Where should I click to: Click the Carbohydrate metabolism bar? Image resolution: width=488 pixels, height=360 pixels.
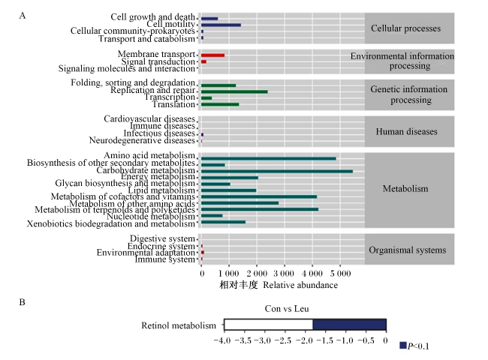tap(277, 171)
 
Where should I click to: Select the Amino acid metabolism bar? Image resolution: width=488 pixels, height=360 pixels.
tap(269, 158)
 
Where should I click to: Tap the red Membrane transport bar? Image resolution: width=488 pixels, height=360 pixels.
tap(213, 55)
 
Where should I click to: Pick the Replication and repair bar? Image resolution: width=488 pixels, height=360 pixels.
tap(234, 91)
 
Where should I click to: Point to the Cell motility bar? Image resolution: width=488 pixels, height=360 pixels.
tap(221, 25)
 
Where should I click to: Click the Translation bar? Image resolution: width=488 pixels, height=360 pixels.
tap(220, 104)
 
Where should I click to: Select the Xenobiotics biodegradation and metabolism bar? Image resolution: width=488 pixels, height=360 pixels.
tap(224, 222)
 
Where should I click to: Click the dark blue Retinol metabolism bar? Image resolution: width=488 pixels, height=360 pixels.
tap(350, 324)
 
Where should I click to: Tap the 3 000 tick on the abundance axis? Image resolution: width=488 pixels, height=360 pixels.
tap(284, 274)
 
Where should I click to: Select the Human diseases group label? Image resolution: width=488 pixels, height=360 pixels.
tap(406, 131)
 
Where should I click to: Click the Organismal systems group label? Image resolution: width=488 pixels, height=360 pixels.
tap(408, 250)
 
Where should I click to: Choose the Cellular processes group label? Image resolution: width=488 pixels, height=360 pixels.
tap(406, 28)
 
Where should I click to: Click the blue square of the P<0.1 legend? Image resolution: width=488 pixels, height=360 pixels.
tap(403, 345)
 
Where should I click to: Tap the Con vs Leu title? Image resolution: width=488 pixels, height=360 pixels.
tap(287, 309)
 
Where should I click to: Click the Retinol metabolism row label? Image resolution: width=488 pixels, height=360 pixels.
tap(179, 325)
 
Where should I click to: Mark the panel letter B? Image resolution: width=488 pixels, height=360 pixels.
tap(22, 302)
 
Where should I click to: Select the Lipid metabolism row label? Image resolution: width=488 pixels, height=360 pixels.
tap(161, 190)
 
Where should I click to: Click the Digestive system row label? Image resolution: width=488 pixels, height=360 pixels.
tap(162, 238)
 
